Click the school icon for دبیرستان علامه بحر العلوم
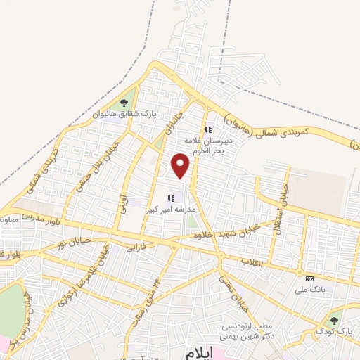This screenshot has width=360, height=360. (x=208, y=129)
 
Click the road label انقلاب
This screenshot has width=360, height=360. (x=251, y=262)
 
